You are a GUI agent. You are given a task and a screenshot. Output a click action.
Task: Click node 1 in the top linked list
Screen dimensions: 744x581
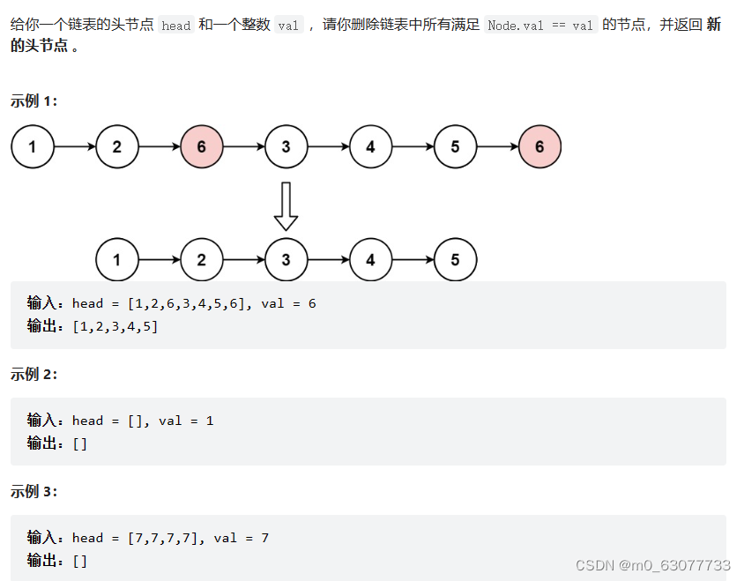tap(33, 146)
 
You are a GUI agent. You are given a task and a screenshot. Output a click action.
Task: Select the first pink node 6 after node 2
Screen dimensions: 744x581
tap(202, 146)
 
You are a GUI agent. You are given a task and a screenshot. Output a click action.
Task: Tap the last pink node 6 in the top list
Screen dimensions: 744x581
tap(539, 146)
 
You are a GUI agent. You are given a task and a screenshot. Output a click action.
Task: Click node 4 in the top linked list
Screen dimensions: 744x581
tap(370, 146)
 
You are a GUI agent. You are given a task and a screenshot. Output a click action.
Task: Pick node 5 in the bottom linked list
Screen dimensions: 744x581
tap(455, 260)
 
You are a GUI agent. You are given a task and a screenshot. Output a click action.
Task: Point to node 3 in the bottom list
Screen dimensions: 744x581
tap(286, 260)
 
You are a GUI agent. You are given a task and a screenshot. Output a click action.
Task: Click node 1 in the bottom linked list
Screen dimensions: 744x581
tap(117, 260)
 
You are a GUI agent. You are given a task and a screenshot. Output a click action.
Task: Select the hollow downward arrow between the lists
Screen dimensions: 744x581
tap(286, 205)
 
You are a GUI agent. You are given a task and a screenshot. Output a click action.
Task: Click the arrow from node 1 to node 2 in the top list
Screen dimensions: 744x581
tap(75, 146)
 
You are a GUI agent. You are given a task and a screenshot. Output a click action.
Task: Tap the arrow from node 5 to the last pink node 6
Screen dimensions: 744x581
tap(497, 146)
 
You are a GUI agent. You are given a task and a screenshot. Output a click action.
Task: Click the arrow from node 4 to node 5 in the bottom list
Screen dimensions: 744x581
tap(413, 260)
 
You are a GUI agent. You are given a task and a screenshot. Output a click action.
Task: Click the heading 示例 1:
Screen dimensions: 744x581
tap(33, 101)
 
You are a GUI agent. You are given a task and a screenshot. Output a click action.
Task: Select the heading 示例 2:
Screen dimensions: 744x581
tap(33, 374)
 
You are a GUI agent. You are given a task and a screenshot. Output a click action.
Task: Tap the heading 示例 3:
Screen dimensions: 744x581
tap(33, 491)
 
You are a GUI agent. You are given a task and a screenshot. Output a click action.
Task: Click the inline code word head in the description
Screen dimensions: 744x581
tap(176, 26)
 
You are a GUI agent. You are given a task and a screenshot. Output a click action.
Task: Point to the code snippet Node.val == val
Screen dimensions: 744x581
tap(540, 26)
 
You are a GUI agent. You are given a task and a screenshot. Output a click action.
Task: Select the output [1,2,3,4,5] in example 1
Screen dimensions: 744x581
tap(115, 326)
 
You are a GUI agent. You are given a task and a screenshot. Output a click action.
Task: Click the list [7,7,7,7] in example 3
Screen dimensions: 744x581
tap(165, 538)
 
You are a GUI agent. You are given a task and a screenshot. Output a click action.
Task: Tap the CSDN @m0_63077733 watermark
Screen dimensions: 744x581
tap(653, 564)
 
